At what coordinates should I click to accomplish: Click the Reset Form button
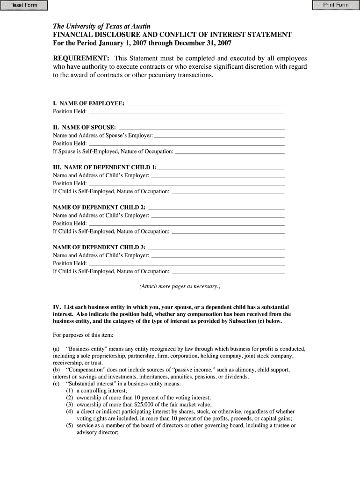coord(24,5)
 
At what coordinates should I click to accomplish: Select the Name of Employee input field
coord(206,103)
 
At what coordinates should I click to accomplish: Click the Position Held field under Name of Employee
coord(187,111)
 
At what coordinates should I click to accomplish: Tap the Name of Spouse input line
coord(202,127)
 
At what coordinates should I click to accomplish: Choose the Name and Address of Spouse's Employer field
coord(219,135)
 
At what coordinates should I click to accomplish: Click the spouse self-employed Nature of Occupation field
coord(230,152)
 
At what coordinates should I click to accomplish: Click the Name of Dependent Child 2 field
coord(216,207)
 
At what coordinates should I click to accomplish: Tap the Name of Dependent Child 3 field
coord(216,247)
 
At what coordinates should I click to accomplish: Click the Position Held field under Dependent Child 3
coord(187,263)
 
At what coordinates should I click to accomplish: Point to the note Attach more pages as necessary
coord(180,286)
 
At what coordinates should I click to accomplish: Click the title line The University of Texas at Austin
coord(101,26)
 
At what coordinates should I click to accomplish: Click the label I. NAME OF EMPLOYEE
coord(88,103)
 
